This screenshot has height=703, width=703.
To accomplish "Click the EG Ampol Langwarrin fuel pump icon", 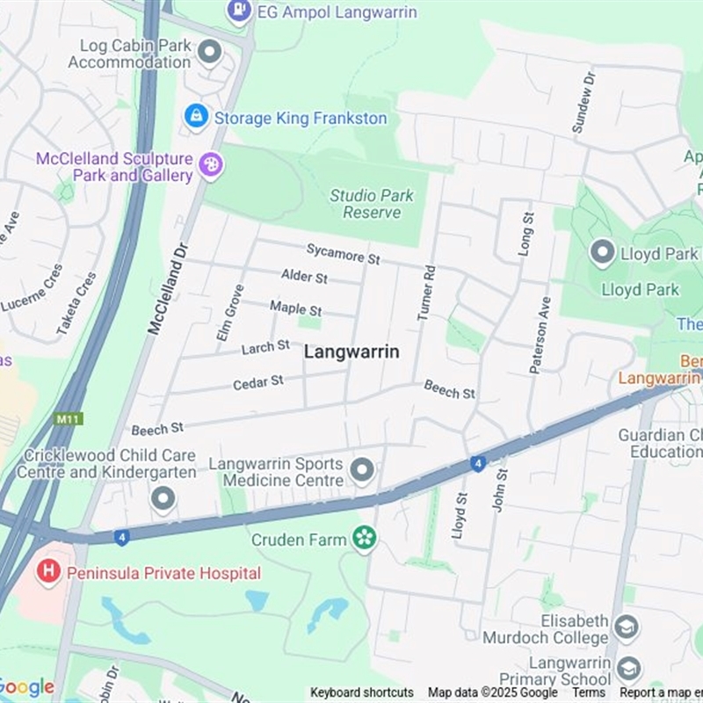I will [239, 11].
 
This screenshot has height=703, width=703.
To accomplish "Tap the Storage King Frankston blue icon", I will [197, 116].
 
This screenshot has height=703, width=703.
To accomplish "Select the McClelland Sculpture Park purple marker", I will [211, 163].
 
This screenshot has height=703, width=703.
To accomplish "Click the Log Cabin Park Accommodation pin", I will [209, 53].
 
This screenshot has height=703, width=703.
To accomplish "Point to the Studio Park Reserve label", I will [372, 203].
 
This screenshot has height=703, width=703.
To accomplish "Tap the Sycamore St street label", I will [343, 255].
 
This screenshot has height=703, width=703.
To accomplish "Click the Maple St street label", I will [296, 308].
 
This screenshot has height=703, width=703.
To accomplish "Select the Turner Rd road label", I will [427, 293].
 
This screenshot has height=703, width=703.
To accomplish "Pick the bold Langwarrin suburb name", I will [351, 351].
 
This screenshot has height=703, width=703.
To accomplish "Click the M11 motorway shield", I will [67, 418].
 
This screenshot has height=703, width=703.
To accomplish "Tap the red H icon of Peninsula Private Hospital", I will [48, 572].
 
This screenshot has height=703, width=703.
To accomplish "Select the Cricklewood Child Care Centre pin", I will [163, 499].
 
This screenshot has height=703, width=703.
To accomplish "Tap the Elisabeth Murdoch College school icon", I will [626, 627].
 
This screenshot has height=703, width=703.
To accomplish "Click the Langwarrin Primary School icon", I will [629, 669].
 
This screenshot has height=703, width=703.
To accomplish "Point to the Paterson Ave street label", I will [539, 334].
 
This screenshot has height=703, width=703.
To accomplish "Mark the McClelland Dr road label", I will [167, 287].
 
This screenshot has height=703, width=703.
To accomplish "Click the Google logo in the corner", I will [26, 687].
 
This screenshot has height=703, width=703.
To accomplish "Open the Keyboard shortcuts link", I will [361, 692].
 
